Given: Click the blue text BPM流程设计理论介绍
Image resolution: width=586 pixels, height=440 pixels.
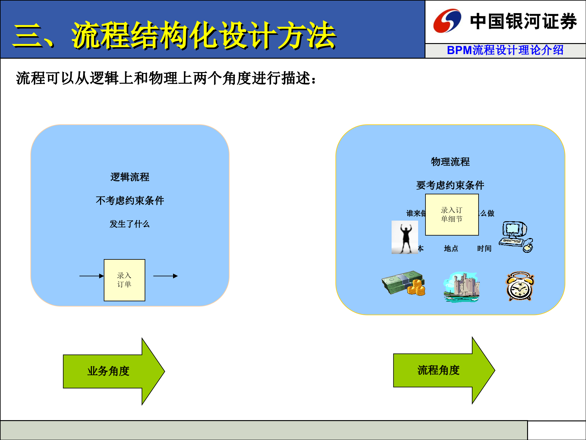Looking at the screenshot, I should pyautogui.click(x=505, y=50).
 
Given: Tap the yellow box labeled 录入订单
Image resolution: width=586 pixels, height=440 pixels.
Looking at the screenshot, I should pyautogui.click(x=124, y=280).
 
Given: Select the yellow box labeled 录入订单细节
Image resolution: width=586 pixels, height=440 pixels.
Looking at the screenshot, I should pyautogui.click(x=452, y=215).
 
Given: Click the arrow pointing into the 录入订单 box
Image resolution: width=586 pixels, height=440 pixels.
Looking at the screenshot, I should pyautogui.click(x=91, y=276).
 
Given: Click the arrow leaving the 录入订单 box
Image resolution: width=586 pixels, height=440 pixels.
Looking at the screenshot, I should pyautogui.click(x=165, y=276).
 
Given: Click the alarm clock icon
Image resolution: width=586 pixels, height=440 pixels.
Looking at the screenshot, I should pyautogui.click(x=520, y=287).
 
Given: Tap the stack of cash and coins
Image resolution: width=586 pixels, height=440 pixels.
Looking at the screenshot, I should pyautogui.click(x=403, y=283).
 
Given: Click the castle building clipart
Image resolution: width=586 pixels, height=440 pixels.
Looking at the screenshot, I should pyautogui.click(x=461, y=287).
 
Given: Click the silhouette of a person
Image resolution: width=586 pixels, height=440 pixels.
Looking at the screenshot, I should pyautogui.click(x=405, y=237).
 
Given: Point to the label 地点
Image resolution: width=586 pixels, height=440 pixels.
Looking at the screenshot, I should pyautogui.click(x=451, y=248).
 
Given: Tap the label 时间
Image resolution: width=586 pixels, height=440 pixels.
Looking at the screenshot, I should pyautogui.click(x=484, y=248).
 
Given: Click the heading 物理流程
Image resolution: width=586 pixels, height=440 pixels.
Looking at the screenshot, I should pyautogui.click(x=450, y=162).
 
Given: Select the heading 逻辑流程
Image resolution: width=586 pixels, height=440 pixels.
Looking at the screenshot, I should pyautogui.click(x=130, y=177).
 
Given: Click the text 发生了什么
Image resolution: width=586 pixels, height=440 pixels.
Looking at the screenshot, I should pyautogui.click(x=130, y=224).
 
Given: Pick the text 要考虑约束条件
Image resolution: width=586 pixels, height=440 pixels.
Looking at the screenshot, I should pyautogui.click(x=450, y=185).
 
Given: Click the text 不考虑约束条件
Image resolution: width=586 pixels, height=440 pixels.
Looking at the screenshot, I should pyautogui.click(x=130, y=200).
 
